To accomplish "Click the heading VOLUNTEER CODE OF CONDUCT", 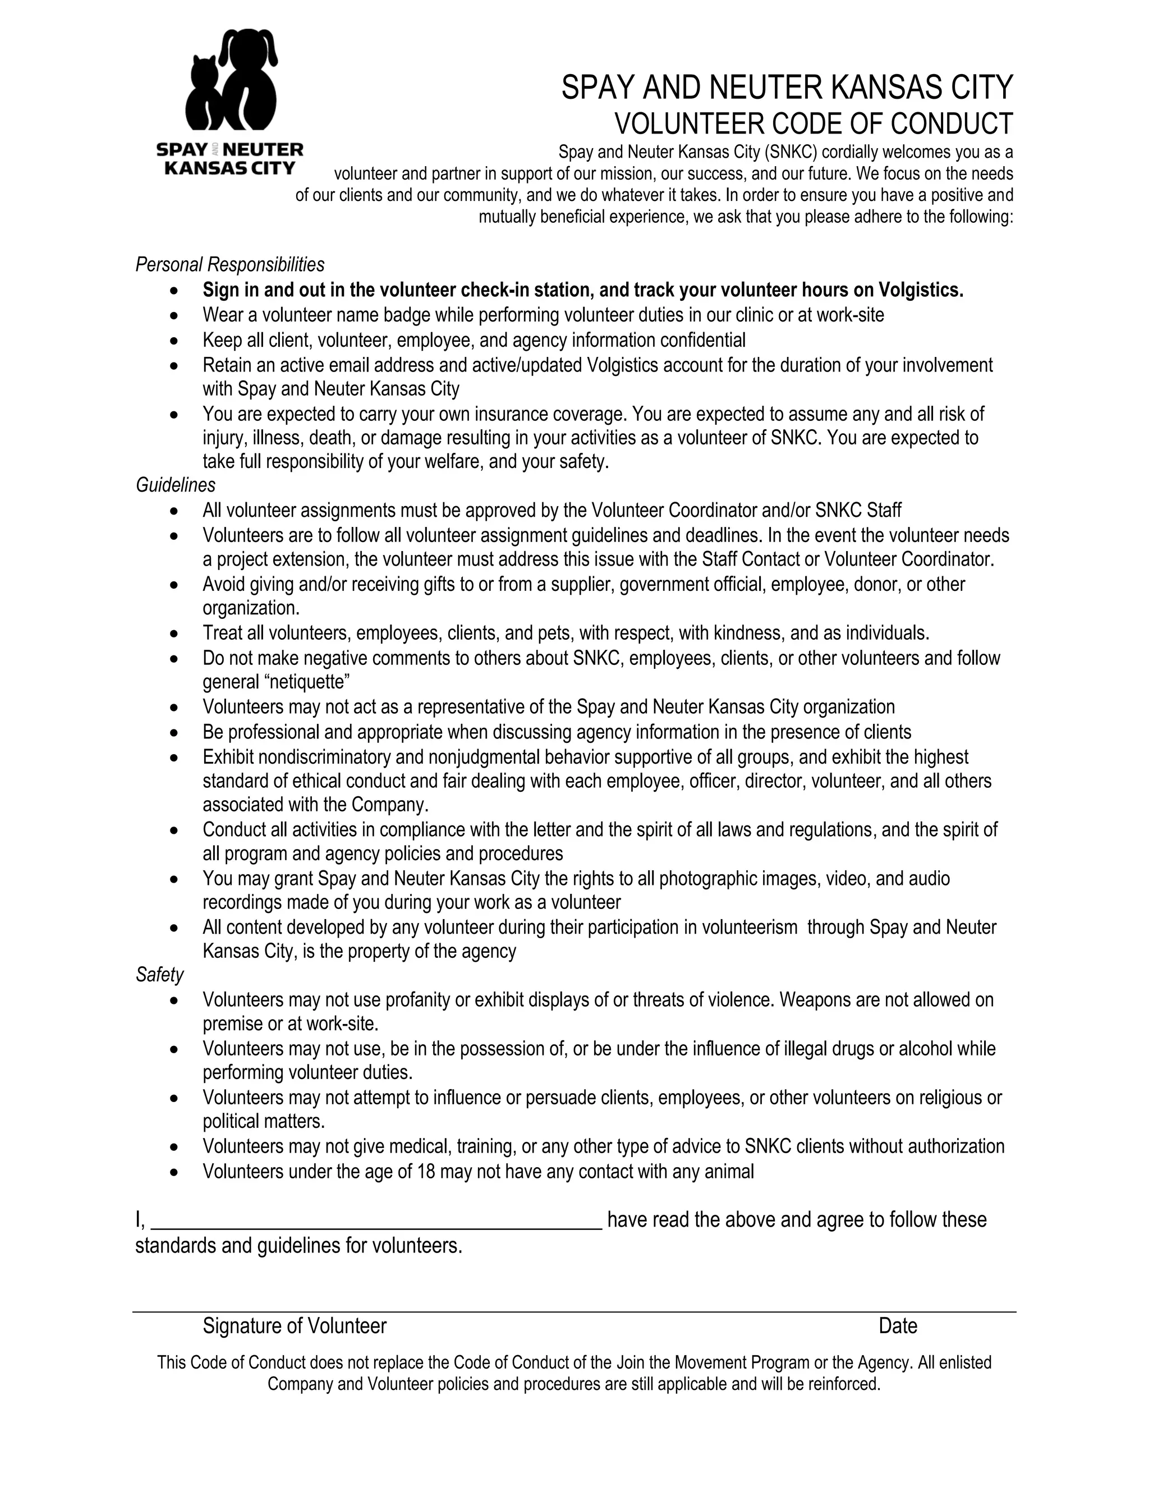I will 814,124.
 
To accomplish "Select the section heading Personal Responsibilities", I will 229,264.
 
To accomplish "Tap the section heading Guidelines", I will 176,485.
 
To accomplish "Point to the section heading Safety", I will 159,975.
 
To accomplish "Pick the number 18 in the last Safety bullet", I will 425,1171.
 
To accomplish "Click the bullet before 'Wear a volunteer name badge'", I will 175,316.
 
